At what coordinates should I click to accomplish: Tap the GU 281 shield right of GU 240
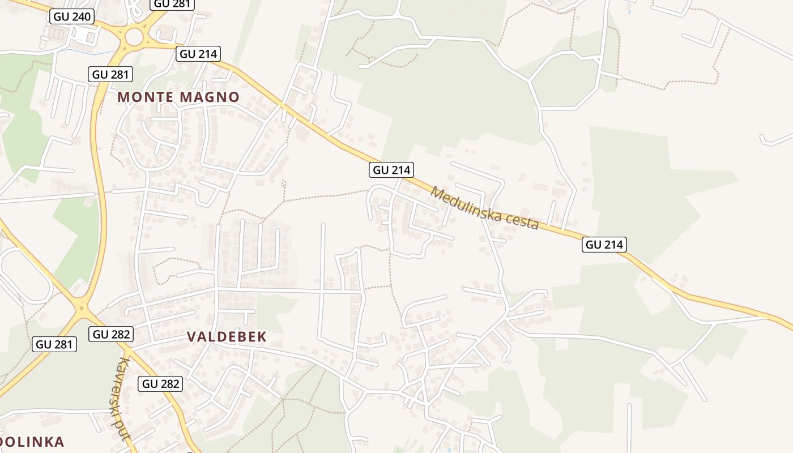pyautogui.click(x=173, y=3)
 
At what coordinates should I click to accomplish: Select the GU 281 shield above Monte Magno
pyautogui.click(x=111, y=74)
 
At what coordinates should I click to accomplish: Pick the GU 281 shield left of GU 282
pyautogui.click(x=54, y=344)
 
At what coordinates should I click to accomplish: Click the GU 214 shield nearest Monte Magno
pyautogui.click(x=198, y=54)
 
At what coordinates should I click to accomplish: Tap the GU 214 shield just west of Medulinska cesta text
pyautogui.click(x=391, y=169)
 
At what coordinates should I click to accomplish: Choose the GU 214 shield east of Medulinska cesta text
pyautogui.click(x=604, y=245)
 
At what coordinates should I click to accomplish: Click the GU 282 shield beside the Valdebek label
pyautogui.click(x=112, y=334)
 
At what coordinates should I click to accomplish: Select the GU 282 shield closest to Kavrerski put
pyautogui.click(x=161, y=384)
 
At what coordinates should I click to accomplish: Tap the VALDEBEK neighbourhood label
pyautogui.click(x=227, y=336)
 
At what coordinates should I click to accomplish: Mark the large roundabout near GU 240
pyautogui.click(x=134, y=37)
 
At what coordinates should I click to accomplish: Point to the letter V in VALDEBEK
pyautogui.click(x=191, y=336)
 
